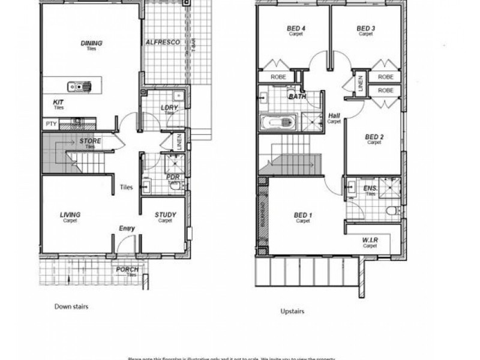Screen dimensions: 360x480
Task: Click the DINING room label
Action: (x=91, y=43)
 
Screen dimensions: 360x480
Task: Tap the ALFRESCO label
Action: (x=160, y=43)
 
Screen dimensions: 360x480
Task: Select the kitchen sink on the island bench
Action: (x=79, y=86)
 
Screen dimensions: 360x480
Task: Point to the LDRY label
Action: (x=169, y=108)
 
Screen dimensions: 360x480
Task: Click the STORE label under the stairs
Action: (x=90, y=142)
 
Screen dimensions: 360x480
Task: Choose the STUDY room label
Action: (x=165, y=215)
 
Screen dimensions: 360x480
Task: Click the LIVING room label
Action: (x=70, y=215)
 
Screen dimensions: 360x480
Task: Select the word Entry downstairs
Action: (x=127, y=228)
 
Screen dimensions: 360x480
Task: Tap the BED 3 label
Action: (x=366, y=28)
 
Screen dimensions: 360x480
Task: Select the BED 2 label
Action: (x=374, y=137)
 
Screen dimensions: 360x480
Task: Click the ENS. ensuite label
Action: (x=370, y=189)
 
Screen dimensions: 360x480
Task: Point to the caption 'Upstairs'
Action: (x=292, y=312)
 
